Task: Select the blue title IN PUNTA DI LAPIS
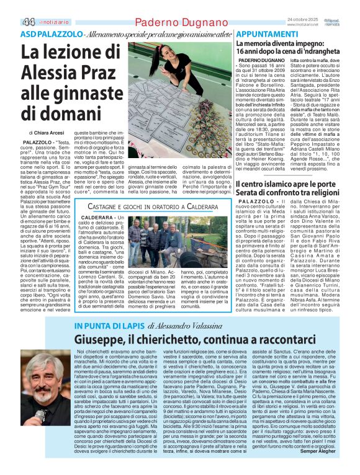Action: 104,326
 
